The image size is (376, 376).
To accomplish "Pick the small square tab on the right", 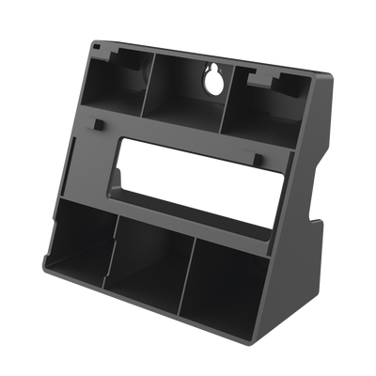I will tap(256, 155).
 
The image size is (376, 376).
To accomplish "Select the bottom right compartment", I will tap(230, 282).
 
